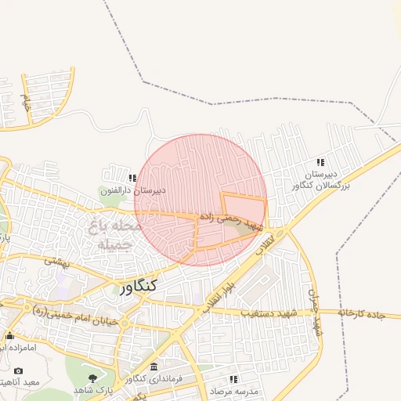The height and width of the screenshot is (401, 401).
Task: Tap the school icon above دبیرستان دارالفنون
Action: (x=133, y=178)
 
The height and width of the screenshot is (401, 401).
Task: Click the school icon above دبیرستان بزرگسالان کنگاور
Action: (x=320, y=162)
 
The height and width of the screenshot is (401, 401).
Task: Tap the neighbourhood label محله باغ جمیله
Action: (x=117, y=235)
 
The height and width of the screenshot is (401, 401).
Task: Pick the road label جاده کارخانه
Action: (x=362, y=313)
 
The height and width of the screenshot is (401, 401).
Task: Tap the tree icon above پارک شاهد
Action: (x=93, y=378)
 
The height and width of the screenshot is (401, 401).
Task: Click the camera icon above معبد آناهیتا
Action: (x=19, y=370)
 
